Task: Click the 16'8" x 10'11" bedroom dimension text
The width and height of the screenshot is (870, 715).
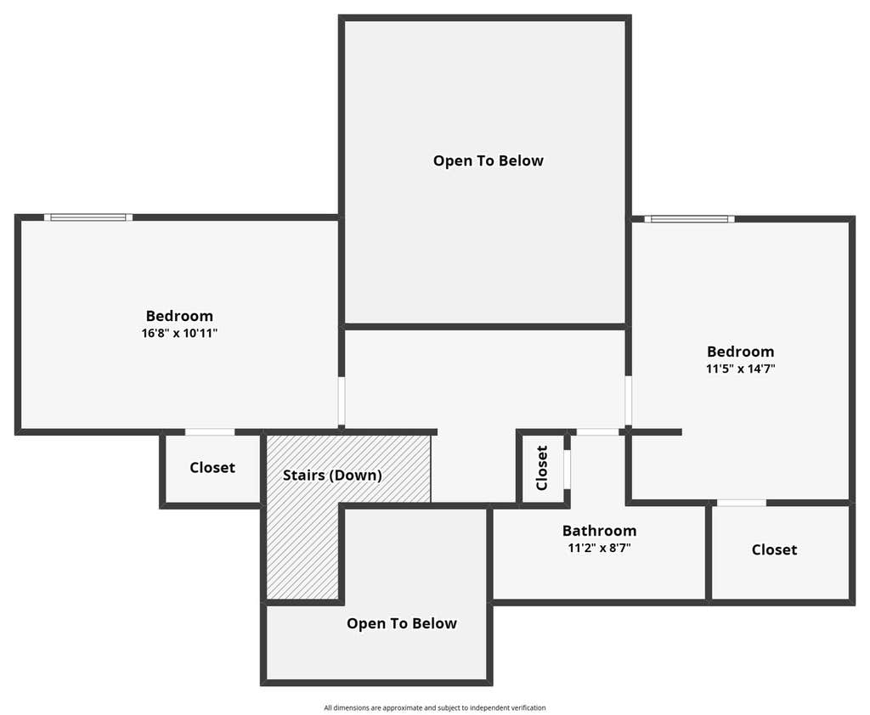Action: [179, 334]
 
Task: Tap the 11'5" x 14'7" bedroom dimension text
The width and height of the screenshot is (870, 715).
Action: [740, 369]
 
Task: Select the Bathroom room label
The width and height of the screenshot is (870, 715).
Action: [599, 531]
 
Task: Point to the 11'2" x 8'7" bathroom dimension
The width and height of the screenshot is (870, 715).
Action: [599, 548]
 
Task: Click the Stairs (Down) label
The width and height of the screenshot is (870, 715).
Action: [332, 476]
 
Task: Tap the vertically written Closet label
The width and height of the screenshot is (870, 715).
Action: [542, 468]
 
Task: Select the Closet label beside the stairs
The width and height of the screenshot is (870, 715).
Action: [212, 468]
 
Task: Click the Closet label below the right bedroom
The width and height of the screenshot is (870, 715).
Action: [774, 549]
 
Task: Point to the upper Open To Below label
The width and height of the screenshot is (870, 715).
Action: [489, 160]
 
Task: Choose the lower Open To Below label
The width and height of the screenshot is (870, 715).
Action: [402, 623]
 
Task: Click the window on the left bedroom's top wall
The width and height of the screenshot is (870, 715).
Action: [88, 217]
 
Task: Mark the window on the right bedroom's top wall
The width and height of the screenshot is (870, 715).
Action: [689, 219]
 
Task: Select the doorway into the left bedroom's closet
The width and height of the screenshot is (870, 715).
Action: [210, 431]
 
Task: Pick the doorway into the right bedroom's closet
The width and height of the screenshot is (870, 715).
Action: [742, 503]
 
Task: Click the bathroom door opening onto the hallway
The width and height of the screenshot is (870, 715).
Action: [597, 431]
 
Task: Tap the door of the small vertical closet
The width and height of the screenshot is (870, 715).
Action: [567, 470]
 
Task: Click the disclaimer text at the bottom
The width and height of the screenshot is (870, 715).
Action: [435, 708]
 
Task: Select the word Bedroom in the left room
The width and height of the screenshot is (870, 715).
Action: [179, 316]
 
